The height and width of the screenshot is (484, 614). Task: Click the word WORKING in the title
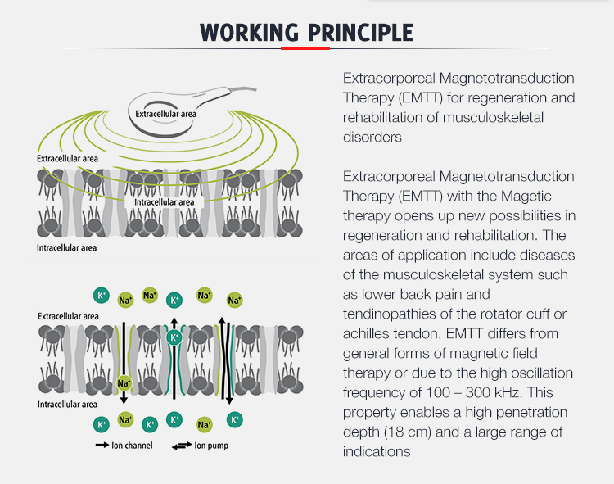tap(249, 33)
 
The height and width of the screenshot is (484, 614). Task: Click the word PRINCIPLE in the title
tap(360, 33)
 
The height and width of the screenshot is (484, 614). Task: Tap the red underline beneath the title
tap(305, 48)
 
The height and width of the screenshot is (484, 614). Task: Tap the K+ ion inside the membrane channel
tap(174, 337)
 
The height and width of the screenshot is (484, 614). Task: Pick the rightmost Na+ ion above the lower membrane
tap(234, 301)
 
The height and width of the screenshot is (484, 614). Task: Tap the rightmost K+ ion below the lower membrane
tap(234, 419)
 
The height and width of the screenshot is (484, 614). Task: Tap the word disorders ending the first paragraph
tap(372, 137)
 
